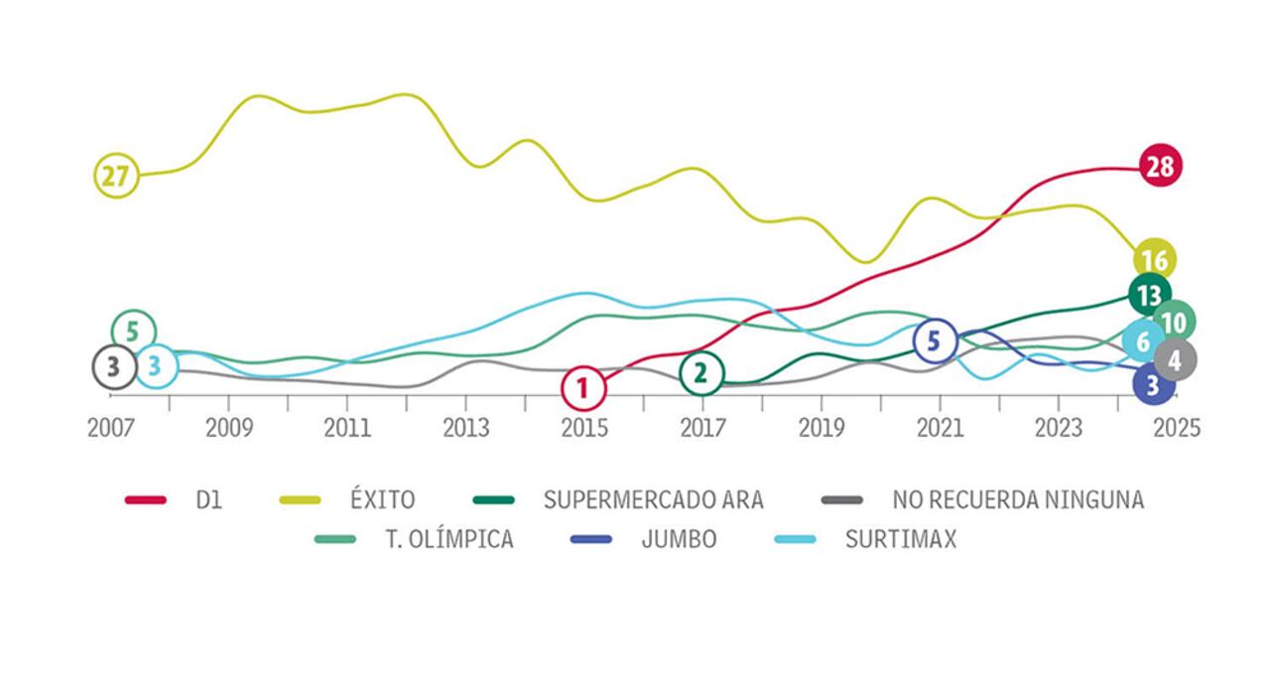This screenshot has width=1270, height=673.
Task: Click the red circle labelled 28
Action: pyautogui.click(x=1160, y=167)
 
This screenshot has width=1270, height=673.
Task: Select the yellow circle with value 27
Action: pyautogui.click(x=116, y=177)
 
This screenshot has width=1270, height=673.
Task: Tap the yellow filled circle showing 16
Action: pyautogui.click(x=1154, y=260)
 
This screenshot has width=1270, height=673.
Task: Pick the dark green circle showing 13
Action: pyautogui.click(x=1149, y=295)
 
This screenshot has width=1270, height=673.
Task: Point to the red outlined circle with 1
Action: pyautogui.click(x=583, y=388)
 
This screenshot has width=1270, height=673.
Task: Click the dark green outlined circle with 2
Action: pyautogui.click(x=701, y=373)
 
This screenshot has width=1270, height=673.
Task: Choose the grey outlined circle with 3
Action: pyautogui.click(x=114, y=366)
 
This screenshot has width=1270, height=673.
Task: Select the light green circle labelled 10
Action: pyautogui.click(x=1174, y=322)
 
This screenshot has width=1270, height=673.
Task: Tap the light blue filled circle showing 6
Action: pyautogui.click(x=1143, y=342)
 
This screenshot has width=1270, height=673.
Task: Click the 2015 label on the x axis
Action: pyautogui.click(x=584, y=428)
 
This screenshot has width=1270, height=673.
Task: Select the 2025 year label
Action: pyautogui.click(x=1177, y=428)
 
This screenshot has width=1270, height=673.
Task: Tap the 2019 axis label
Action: pyautogui.click(x=822, y=428)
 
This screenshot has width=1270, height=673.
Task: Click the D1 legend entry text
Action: pyautogui.click(x=210, y=499)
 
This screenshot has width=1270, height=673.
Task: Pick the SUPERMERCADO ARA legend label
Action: pyautogui.click(x=653, y=499)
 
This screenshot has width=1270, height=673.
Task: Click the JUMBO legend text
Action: pyautogui.click(x=679, y=540)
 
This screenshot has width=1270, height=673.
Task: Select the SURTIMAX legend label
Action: pyautogui.click(x=900, y=540)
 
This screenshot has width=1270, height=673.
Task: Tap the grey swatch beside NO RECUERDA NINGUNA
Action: pyautogui.click(x=840, y=499)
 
